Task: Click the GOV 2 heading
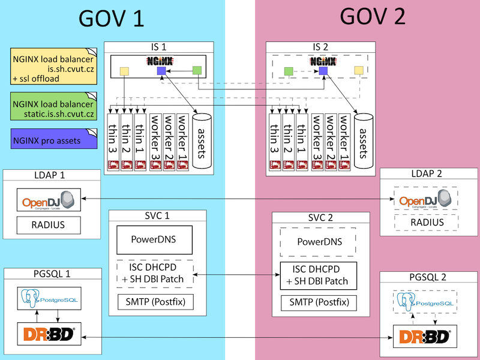[373, 16]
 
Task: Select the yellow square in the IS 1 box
[124, 71]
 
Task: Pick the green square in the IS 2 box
[289, 71]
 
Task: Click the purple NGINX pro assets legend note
[53, 140]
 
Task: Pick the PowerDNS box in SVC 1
[154, 240]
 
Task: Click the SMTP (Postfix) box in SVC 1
[154, 301]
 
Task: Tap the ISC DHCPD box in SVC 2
[319, 275]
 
